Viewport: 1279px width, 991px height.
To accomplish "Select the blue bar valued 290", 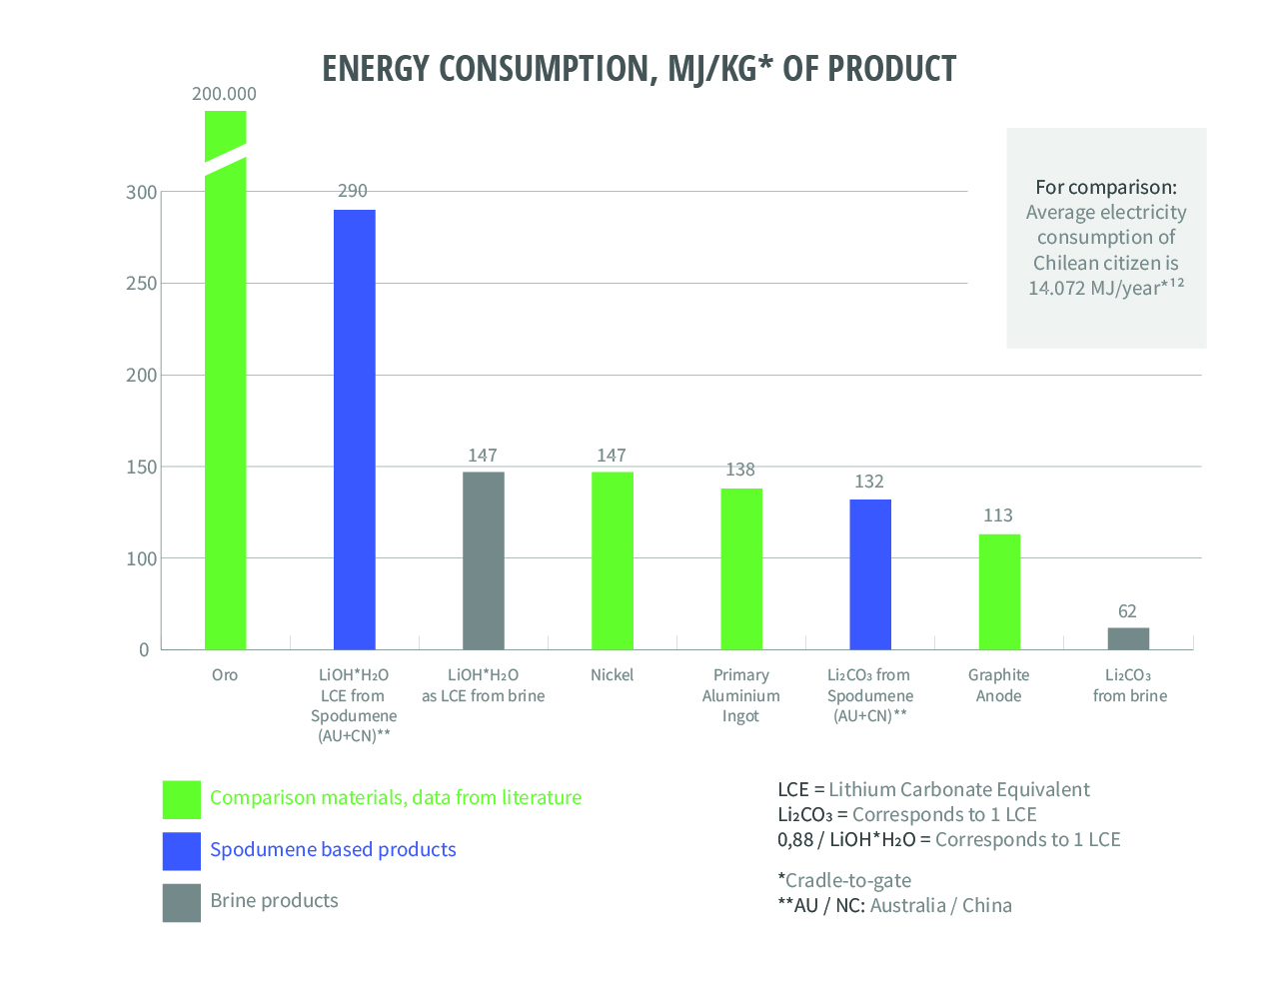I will click(x=354, y=430).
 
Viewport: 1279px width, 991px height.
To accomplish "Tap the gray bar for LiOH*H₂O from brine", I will click(x=483, y=560).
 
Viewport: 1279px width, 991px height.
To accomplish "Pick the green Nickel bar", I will click(x=612, y=560).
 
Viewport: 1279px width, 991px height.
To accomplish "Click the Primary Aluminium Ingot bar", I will click(x=740, y=568).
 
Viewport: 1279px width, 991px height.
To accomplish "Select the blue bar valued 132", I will click(x=869, y=574).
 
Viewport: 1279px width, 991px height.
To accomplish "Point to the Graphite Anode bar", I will click(x=998, y=591).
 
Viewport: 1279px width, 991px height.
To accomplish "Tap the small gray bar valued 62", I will click(x=1128, y=638).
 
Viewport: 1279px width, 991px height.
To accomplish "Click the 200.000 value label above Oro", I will click(x=224, y=94).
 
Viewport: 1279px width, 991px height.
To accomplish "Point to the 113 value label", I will click(x=997, y=515).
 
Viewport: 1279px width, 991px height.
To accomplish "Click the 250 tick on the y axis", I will click(x=141, y=284).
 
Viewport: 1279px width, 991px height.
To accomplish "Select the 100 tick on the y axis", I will click(x=141, y=558).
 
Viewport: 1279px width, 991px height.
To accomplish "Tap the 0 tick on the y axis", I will click(x=144, y=650).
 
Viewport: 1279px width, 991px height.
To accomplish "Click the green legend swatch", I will click(x=182, y=799).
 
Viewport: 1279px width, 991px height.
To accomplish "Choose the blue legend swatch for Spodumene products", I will click(x=182, y=851).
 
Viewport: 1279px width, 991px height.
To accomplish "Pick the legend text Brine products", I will click(x=274, y=901).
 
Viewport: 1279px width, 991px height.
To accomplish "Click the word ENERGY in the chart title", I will click(x=376, y=69).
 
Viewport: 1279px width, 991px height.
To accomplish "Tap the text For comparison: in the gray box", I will click(x=1105, y=187).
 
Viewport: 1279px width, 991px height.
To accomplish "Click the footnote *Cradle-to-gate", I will click(x=844, y=880).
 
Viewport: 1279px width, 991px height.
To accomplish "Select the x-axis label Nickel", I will click(x=612, y=675).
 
